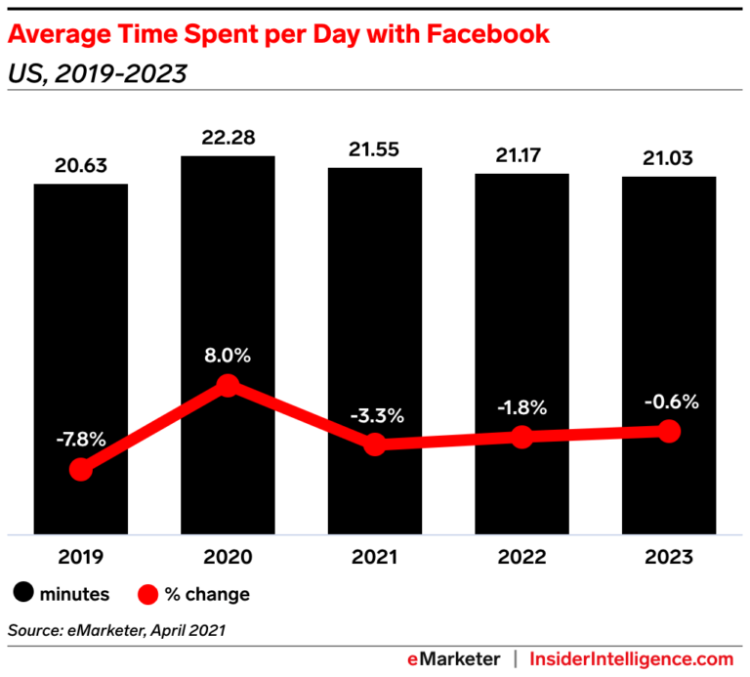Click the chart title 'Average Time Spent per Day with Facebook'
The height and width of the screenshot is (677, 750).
click(x=278, y=36)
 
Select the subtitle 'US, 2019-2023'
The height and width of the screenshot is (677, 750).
click(x=97, y=73)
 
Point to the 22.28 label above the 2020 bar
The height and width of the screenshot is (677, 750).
click(x=228, y=140)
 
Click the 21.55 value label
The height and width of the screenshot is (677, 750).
click(x=375, y=151)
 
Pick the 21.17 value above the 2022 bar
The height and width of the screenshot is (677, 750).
click(x=521, y=157)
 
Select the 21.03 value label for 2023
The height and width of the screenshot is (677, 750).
click(x=669, y=160)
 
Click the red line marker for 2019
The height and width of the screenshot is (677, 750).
click(x=81, y=470)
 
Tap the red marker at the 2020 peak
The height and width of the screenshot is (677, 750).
click(x=228, y=386)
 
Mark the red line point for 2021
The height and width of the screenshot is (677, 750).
click(x=375, y=444)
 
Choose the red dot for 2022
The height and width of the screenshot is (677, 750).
click(x=521, y=437)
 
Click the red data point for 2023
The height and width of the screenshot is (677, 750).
click(x=669, y=431)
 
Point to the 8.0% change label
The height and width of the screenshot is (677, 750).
click(x=228, y=356)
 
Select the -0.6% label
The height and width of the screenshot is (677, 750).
click(x=669, y=401)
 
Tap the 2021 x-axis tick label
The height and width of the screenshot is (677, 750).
click(x=375, y=558)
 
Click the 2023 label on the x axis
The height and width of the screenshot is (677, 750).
click(x=669, y=558)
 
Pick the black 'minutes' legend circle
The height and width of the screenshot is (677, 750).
click(x=23, y=593)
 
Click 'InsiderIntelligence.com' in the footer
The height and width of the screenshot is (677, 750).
click(x=631, y=658)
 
